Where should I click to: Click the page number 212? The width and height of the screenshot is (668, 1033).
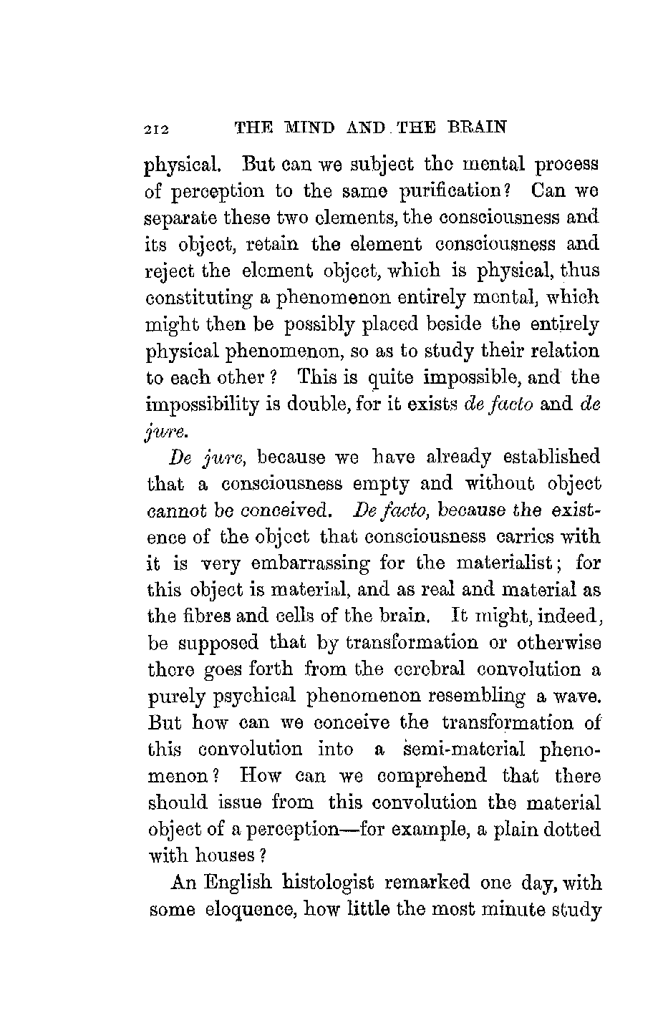click(x=155, y=130)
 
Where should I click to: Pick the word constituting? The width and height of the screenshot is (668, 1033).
click(x=198, y=298)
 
